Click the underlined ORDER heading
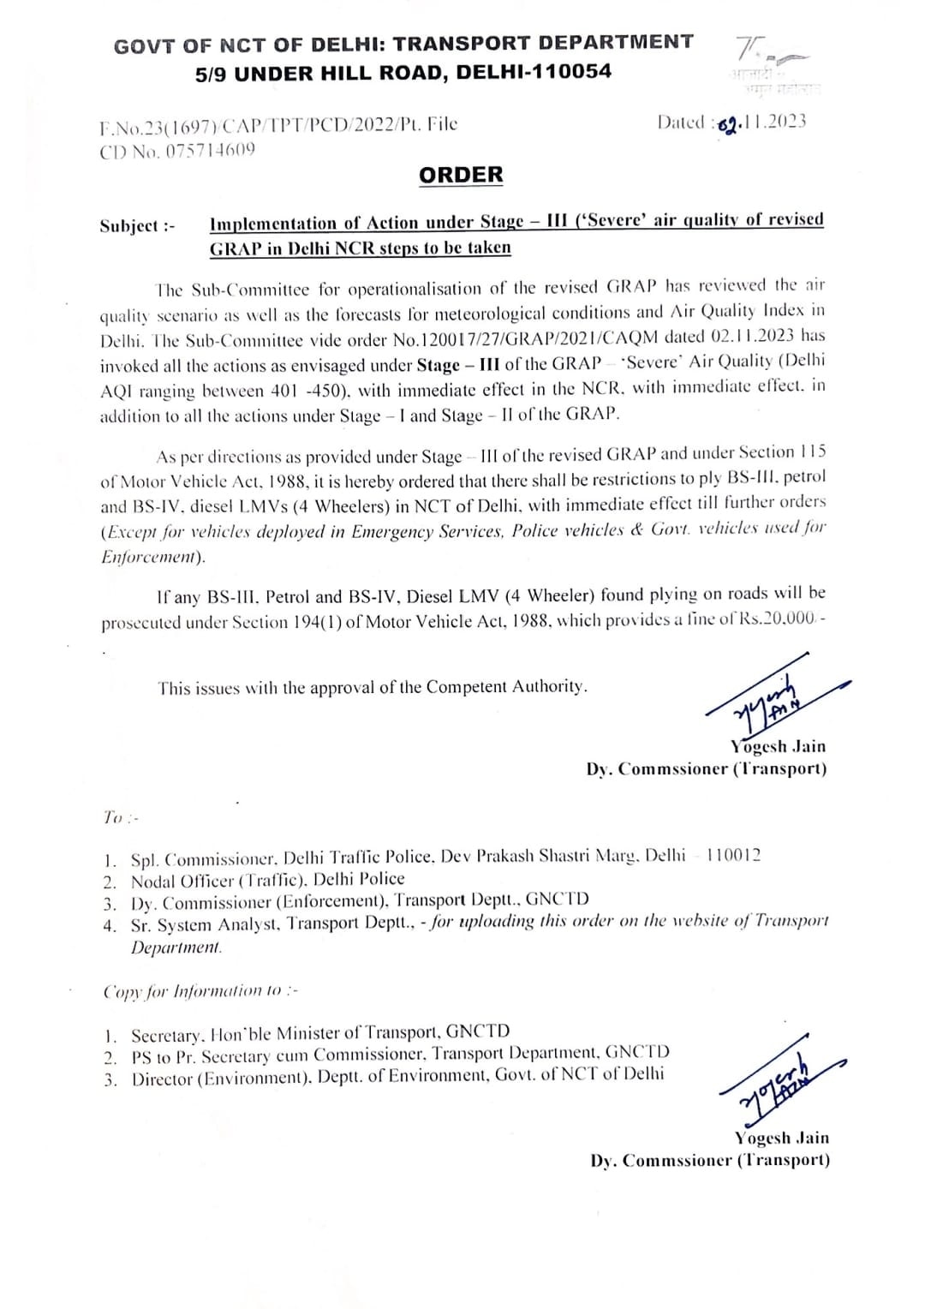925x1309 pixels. coord(461,175)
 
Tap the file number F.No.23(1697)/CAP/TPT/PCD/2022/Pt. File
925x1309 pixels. coord(278,126)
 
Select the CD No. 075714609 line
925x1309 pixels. coord(177,151)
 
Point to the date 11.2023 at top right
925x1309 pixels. coord(773,122)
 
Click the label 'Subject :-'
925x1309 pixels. coord(137,226)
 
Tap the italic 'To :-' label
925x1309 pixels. coord(121,817)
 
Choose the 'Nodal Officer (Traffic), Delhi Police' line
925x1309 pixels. coord(267,880)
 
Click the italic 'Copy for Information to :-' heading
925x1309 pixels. coord(200,991)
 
